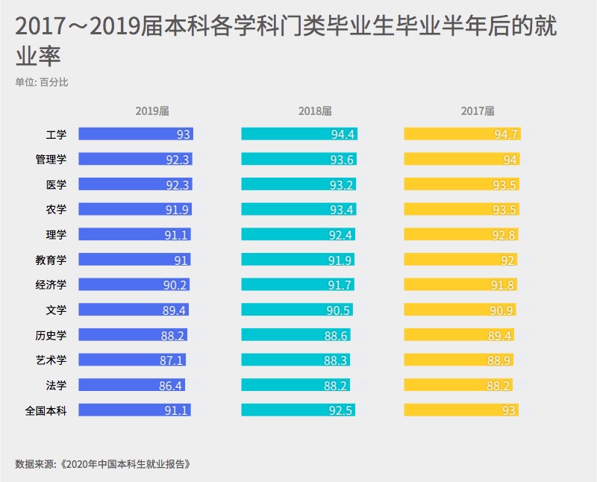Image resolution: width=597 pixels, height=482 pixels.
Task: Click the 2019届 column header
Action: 152,111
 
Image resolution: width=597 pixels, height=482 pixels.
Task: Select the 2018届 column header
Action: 315,111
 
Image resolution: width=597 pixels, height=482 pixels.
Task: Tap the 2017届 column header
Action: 478,111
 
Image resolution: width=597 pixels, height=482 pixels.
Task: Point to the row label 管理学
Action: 51,160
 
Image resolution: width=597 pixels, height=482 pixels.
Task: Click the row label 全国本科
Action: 46,410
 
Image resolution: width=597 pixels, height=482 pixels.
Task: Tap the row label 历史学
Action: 51,335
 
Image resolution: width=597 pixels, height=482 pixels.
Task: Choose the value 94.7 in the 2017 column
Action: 505,135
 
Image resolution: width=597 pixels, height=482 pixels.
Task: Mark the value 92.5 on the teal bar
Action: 341,410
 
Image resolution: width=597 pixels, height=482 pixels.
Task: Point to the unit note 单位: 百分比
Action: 42,82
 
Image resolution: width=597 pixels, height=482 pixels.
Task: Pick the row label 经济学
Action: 51,284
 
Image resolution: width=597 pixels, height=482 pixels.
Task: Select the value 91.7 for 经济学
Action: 340,285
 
